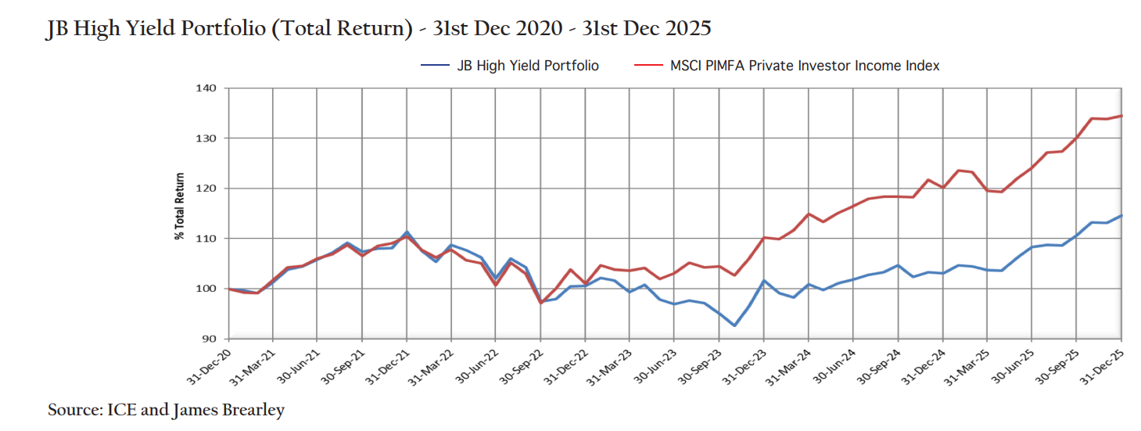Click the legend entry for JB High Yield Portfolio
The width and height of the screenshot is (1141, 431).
click(528, 66)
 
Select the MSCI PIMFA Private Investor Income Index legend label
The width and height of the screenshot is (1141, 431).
click(805, 66)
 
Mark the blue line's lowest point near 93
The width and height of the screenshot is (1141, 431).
click(734, 325)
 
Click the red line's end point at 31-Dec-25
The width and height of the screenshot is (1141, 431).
click(1122, 116)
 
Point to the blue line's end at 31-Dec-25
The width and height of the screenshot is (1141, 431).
click(1122, 215)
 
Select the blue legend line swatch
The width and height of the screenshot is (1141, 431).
click(435, 66)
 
